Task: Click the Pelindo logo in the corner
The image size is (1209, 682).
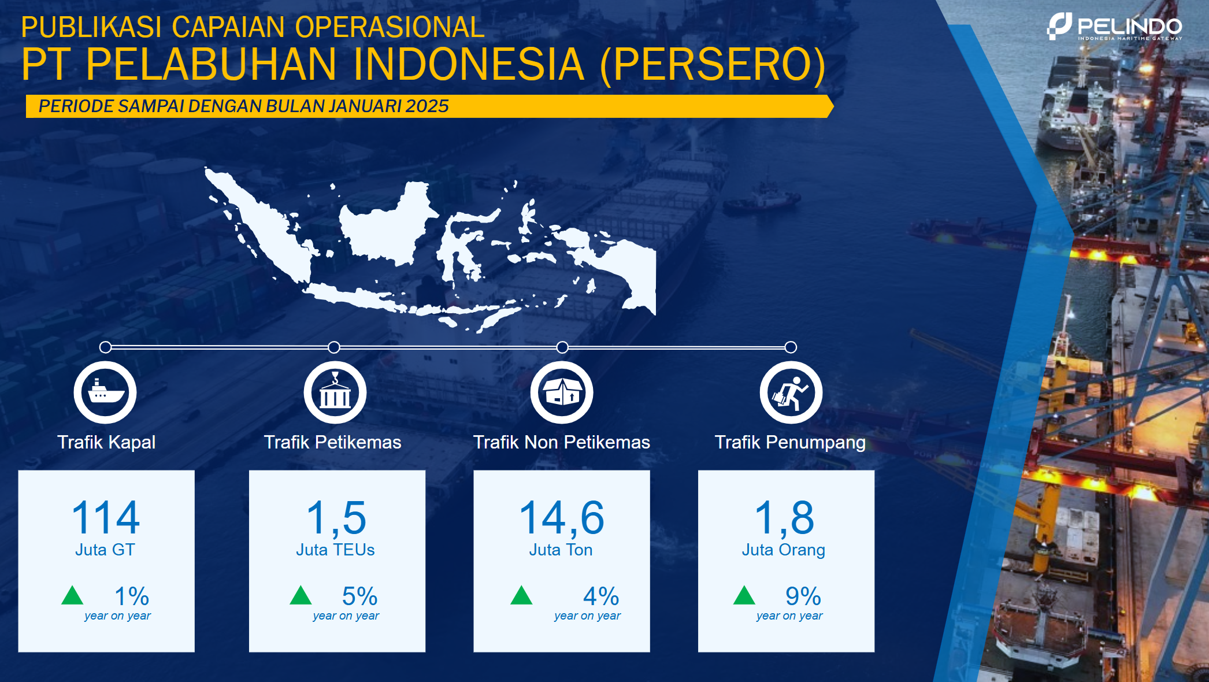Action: [1114, 27]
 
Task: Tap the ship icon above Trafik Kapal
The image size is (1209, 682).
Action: [105, 392]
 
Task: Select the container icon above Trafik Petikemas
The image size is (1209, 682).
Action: [335, 392]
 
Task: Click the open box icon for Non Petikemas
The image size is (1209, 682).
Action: [562, 392]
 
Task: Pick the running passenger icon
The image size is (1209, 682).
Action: [791, 392]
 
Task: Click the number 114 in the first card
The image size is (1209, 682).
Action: [106, 517]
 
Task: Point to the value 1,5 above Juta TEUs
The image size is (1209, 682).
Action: [336, 518]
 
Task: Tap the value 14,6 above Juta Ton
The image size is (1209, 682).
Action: [562, 518]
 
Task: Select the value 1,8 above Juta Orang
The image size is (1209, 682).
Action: [784, 518]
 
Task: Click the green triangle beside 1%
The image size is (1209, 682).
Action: [72, 595]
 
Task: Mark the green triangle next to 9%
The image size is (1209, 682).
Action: [744, 595]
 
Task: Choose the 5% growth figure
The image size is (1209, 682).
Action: [359, 596]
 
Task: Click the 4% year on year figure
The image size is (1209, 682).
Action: [601, 596]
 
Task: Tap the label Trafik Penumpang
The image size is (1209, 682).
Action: [790, 442]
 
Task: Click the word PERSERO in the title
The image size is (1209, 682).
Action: [713, 64]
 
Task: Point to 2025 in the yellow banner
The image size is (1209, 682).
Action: [427, 106]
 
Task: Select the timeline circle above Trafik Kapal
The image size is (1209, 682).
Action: [105, 347]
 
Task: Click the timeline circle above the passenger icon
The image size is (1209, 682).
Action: [791, 347]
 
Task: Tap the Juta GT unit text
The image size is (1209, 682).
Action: [105, 550]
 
